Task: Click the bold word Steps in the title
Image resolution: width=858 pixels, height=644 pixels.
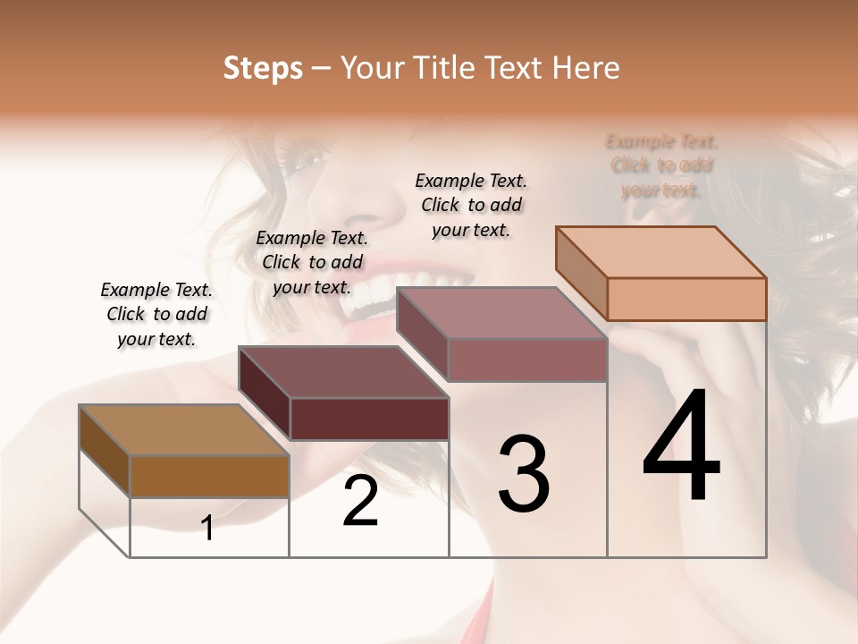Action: (x=263, y=69)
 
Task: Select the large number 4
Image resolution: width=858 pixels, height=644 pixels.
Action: (x=681, y=446)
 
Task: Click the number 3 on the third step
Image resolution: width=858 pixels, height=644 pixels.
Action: (x=524, y=474)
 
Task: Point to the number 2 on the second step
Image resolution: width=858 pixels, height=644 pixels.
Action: (x=360, y=502)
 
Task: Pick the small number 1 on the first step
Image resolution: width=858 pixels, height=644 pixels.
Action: (x=207, y=529)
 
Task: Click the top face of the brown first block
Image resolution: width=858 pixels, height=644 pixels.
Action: (x=184, y=430)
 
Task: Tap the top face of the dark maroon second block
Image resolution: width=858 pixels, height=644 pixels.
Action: (x=343, y=372)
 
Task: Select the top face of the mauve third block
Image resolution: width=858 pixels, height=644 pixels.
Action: (x=501, y=314)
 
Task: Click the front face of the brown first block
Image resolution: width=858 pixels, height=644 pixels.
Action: (x=209, y=476)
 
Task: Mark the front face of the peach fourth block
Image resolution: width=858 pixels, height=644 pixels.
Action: (x=686, y=299)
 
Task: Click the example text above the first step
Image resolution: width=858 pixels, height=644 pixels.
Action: (x=156, y=315)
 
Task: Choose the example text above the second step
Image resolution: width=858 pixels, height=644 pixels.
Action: (x=312, y=262)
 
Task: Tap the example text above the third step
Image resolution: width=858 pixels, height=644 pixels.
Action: (x=471, y=205)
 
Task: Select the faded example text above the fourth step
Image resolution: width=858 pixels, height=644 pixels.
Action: (x=661, y=165)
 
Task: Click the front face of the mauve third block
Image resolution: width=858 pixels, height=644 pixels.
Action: (x=527, y=360)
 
